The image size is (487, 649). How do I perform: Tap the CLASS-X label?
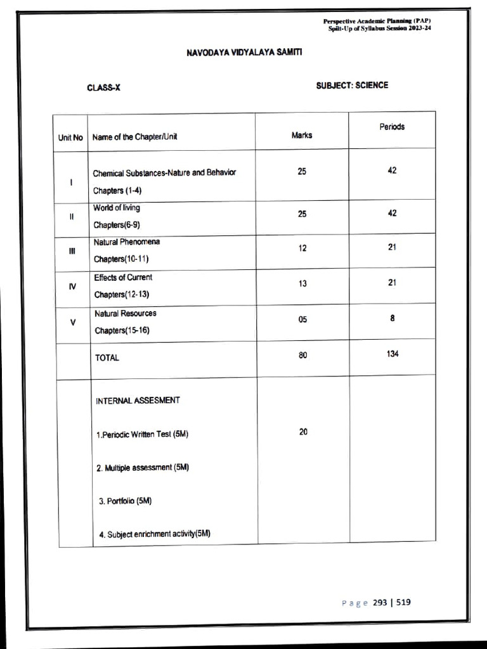point(103,88)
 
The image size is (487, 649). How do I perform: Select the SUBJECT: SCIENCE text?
point(352,85)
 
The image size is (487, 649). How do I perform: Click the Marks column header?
point(302,135)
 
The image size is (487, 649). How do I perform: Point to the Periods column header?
point(392,127)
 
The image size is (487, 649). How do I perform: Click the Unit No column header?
point(70,137)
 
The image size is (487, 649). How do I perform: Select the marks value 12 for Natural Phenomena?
point(302,248)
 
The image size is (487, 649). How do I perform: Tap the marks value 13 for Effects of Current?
point(302,284)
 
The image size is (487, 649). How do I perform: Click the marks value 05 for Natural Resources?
point(302,320)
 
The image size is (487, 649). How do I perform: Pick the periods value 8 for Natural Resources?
point(393,319)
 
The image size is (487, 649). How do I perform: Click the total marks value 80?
point(302,356)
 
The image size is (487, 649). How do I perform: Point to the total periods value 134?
point(393,354)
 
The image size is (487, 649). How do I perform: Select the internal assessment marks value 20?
point(303,432)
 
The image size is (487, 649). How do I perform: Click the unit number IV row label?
point(72,286)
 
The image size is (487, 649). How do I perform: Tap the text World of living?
point(117,208)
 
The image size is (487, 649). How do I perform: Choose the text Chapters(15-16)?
point(122,330)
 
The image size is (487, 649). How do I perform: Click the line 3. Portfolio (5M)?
point(126,501)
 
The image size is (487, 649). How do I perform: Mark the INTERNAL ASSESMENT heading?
point(138,401)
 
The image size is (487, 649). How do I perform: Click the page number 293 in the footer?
point(380,602)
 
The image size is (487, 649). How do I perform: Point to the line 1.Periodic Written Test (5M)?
point(142,435)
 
